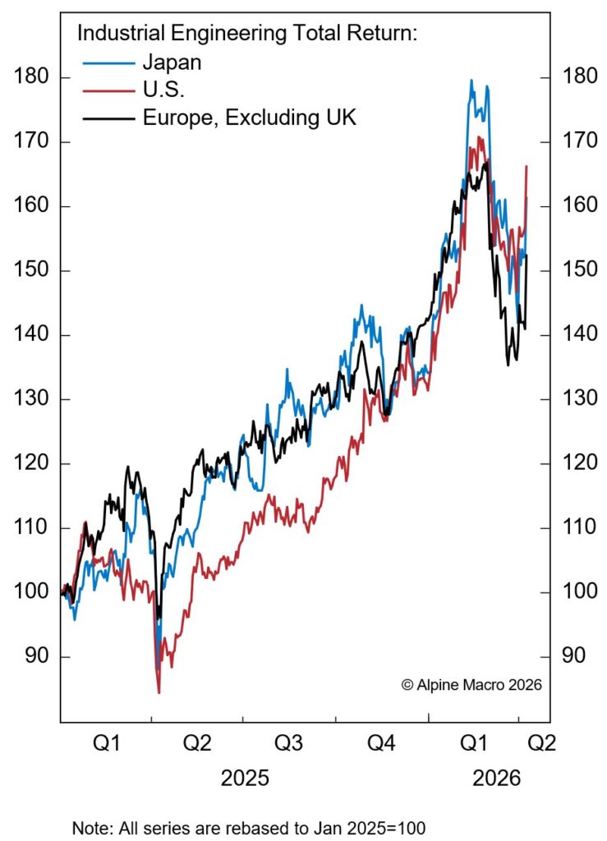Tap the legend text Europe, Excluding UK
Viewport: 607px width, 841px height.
250,117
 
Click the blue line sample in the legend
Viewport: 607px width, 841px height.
108,62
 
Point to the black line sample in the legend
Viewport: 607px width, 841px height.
108,117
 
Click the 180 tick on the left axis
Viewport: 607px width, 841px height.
32,77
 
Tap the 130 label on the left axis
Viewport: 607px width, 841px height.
32,399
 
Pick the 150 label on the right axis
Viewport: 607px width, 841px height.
575,270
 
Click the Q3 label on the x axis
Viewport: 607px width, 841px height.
288,744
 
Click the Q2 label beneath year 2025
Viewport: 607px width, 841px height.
197,744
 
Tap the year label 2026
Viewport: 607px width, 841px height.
497,778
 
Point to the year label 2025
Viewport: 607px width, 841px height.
244,778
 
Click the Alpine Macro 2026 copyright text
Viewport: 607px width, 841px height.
471,684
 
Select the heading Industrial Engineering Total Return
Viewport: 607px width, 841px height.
248,34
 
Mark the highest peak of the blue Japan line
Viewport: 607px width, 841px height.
471,80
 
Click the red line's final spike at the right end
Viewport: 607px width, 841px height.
526,167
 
